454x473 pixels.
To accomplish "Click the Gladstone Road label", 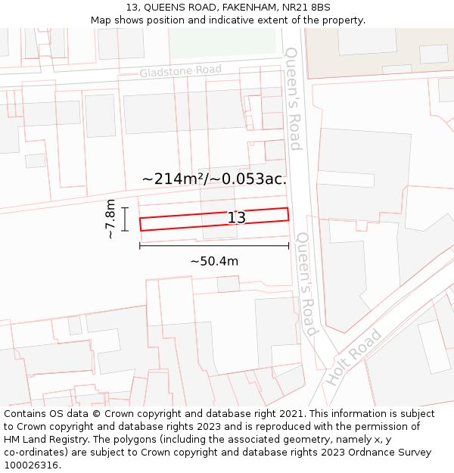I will (180, 71).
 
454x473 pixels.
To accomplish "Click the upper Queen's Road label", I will (293, 98).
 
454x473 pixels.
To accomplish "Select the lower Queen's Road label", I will (306, 284).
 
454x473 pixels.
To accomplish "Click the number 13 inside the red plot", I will (237, 218).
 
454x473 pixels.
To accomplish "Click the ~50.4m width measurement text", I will (214, 261).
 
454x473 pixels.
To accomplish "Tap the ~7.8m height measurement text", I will (110, 219).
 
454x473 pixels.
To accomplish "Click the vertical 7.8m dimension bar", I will (125, 219).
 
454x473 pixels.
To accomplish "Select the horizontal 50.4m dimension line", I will (214, 245).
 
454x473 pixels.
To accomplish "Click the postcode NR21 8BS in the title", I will (310, 7).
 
